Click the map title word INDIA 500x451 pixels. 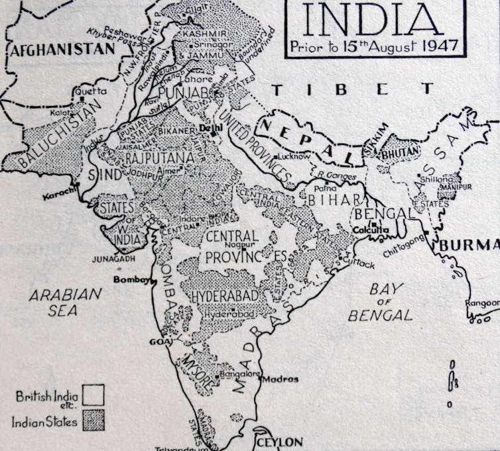pos(374,20)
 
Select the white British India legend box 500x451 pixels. pos(94,396)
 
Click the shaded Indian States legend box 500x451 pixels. pos(94,421)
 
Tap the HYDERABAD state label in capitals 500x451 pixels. pos(229,297)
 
